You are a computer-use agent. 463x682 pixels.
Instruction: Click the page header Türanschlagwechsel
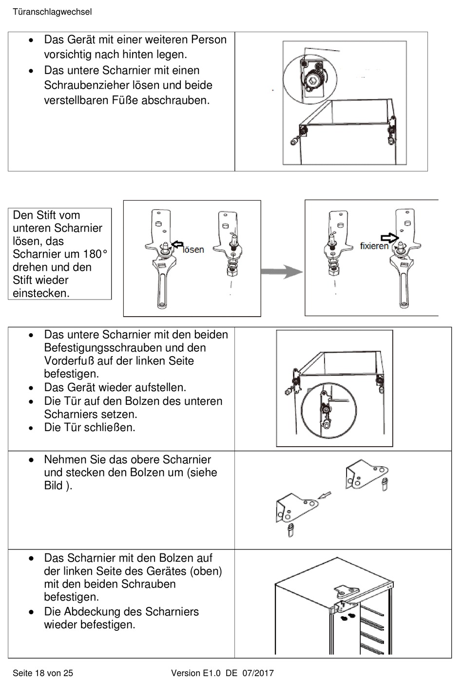(52, 12)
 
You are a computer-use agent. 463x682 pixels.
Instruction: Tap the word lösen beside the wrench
(193, 250)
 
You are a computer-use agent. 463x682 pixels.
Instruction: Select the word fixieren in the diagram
(374, 246)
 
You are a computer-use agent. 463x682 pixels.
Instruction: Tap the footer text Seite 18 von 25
(43, 673)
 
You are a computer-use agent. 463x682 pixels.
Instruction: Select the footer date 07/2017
(258, 673)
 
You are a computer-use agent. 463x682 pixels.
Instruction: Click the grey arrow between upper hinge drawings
(324, 496)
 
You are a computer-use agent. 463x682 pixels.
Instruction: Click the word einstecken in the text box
(41, 293)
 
